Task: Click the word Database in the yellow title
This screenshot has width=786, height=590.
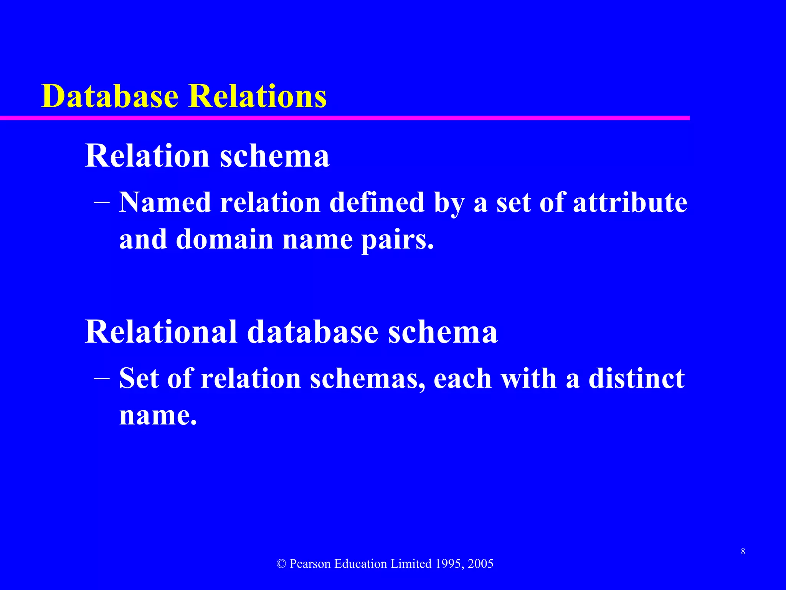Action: tap(110, 96)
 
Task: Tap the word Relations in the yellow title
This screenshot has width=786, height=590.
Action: tap(258, 96)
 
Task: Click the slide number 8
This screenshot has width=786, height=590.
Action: tap(743, 552)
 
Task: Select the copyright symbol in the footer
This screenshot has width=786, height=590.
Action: tap(281, 564)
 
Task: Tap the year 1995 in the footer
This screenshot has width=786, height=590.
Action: tap(449, 564)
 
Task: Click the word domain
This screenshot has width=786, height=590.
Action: tap(225, 239)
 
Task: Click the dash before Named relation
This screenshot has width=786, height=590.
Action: tap(102, 202)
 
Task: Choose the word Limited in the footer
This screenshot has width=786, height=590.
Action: tap(411, 564)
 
